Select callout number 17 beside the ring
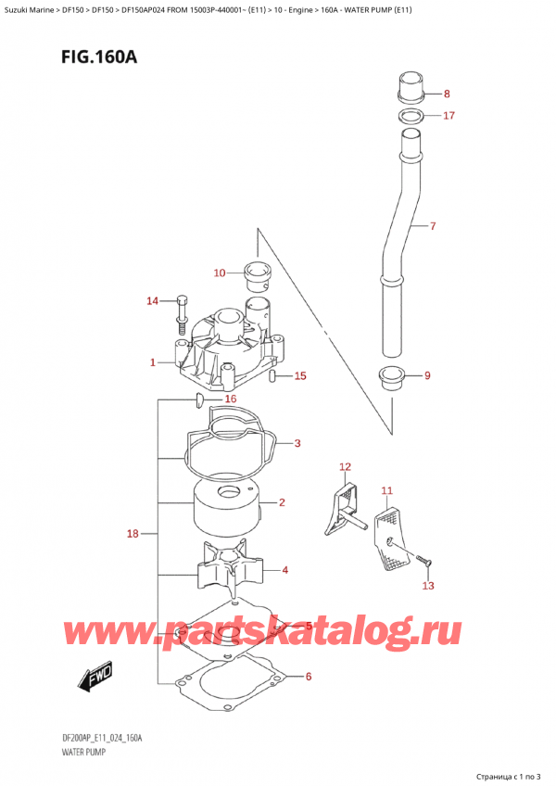click(x=449, y=116)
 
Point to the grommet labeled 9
click(x=395, y=377)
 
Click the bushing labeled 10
click(x=255, y=273)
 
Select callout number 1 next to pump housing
click(x=153, y=362)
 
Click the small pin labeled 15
click(x=272, y=375)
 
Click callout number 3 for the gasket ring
click(x=297, y=444)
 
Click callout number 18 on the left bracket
click(x=134, y=534)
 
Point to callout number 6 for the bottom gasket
click(x=309, y=677)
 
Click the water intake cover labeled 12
click(x=342, y=506)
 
